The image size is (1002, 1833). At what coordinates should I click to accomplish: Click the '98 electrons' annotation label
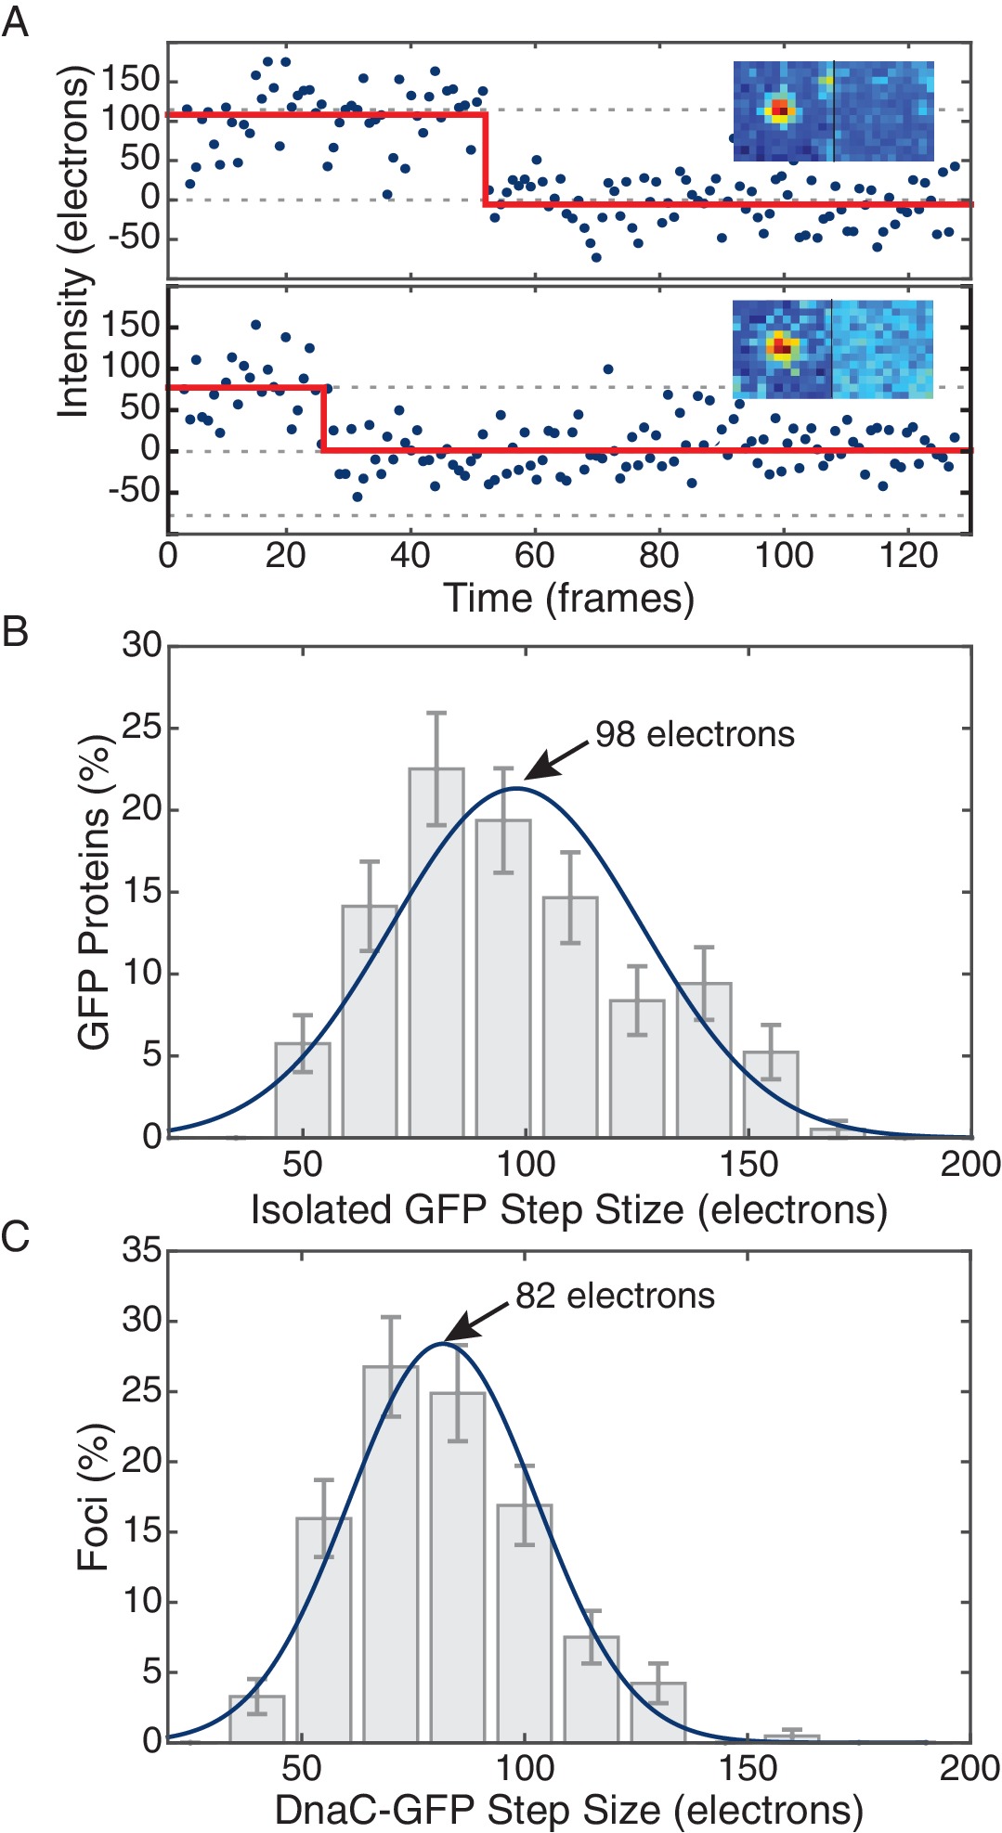[x=695, y=734]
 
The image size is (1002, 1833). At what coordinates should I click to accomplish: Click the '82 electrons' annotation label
[x=615, y=1296]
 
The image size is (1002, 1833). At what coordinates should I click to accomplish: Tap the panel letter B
[x=15, y=631]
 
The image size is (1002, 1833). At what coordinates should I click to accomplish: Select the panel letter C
[x=15, y=1237]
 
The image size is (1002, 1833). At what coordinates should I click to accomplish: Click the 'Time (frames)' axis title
[x=568, y=598]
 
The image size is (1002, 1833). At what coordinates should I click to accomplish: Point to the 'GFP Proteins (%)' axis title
[x=95, y=891]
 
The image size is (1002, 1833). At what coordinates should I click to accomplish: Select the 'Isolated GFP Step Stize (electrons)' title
[x=568, y=1210]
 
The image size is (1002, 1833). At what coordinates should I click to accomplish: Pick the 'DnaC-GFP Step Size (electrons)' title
[x=568, y=1810]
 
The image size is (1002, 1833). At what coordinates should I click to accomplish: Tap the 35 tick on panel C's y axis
[x=141, y=1250]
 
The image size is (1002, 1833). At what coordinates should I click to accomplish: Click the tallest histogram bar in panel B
[x=436, y=951]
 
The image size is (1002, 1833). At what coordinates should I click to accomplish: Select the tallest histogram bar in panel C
[x=390, y=1553]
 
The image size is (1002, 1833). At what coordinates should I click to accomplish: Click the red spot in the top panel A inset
[x=781, y=110]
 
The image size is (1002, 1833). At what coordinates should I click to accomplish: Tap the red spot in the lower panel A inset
[x=781, y=347]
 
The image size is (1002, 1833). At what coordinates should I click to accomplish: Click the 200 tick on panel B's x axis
[x=969, y=1164]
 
